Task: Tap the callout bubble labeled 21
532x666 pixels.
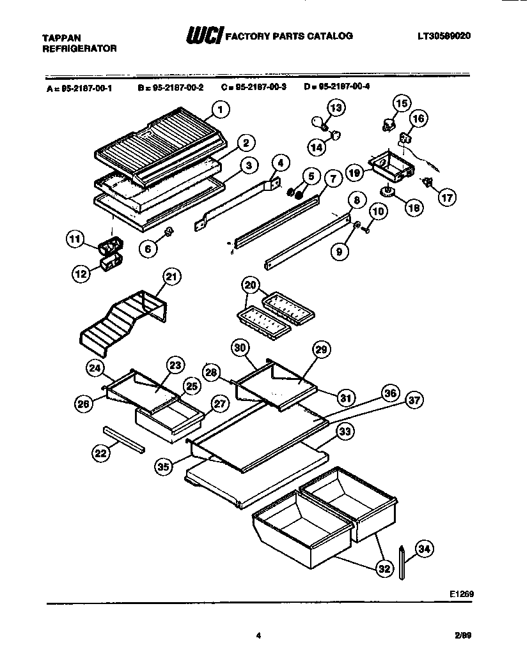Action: coord(171,276)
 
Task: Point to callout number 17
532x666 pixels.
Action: coord(446,197)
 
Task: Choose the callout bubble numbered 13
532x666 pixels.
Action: coord(336,107)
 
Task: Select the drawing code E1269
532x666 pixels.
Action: coord(461,593)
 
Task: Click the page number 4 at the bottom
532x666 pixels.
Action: coord(259,635)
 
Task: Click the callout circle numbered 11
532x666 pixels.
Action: coord(76,241)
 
